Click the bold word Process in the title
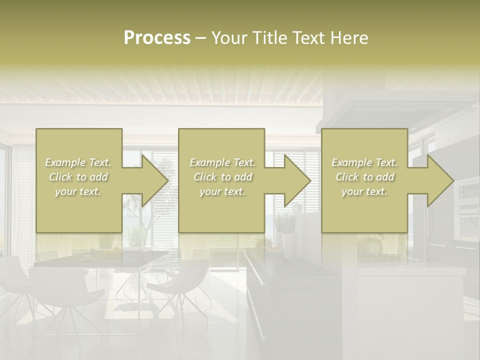pos(157,38)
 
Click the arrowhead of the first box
pos(155,180)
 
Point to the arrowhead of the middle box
pos(297,180)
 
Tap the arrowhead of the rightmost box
pos(440,180)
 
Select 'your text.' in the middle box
pos(222,191)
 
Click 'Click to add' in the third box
pos(364,177)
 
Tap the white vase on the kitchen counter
pos(289,244)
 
